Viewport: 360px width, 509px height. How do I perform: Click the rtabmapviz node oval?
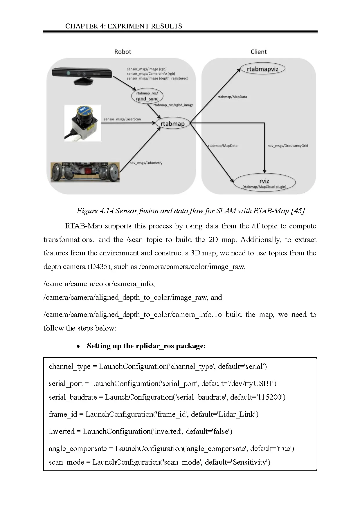(263, 69)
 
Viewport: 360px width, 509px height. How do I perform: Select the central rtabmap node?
(173, 124)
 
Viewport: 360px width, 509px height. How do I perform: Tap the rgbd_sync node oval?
(147, 96)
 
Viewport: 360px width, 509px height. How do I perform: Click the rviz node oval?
(264, 183)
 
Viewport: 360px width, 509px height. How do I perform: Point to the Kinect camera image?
(82, 76)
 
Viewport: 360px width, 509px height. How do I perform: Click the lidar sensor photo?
(83, 123)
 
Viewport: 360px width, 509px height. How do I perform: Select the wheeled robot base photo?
(85, 172)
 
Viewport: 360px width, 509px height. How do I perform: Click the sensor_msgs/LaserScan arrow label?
(122, 119)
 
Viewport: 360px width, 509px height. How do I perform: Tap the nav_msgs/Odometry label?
(146, 163)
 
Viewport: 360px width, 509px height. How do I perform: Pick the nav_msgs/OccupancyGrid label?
(288, 146)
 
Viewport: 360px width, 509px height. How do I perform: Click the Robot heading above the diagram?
(123, 52)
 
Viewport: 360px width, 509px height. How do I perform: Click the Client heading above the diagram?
(258, 52)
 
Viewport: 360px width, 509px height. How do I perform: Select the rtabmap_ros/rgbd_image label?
(173, 105)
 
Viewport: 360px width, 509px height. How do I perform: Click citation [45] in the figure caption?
(298, 211)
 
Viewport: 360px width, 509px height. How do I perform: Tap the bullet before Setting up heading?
(78, 346)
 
